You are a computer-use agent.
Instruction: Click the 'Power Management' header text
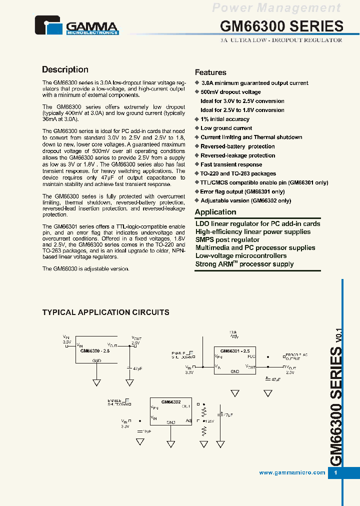coord(276,7)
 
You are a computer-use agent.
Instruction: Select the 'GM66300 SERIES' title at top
coord(281,26)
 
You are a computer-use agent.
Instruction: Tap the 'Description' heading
coord(65,70)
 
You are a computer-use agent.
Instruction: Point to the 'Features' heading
coord(210,72)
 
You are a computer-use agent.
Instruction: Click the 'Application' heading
coord(215,212)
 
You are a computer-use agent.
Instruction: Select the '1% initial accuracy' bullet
coord(224,119)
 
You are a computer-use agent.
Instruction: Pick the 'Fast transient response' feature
coord(231,164)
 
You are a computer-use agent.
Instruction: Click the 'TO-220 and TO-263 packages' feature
coord(238,173)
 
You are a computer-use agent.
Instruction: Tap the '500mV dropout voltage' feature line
coord(230,92)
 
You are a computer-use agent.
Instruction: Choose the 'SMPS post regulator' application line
coord(227,239)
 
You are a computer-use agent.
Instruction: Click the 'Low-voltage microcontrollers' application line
coord(241,255)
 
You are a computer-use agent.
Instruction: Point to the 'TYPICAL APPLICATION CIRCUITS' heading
coord(105,312)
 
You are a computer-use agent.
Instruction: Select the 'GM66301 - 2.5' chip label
coord(235,350)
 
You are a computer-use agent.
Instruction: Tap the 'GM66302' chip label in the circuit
coord(170,401)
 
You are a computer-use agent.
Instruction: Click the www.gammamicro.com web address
coord(292,473)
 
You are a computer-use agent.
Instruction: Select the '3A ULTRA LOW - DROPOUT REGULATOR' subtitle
coord(281,40)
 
